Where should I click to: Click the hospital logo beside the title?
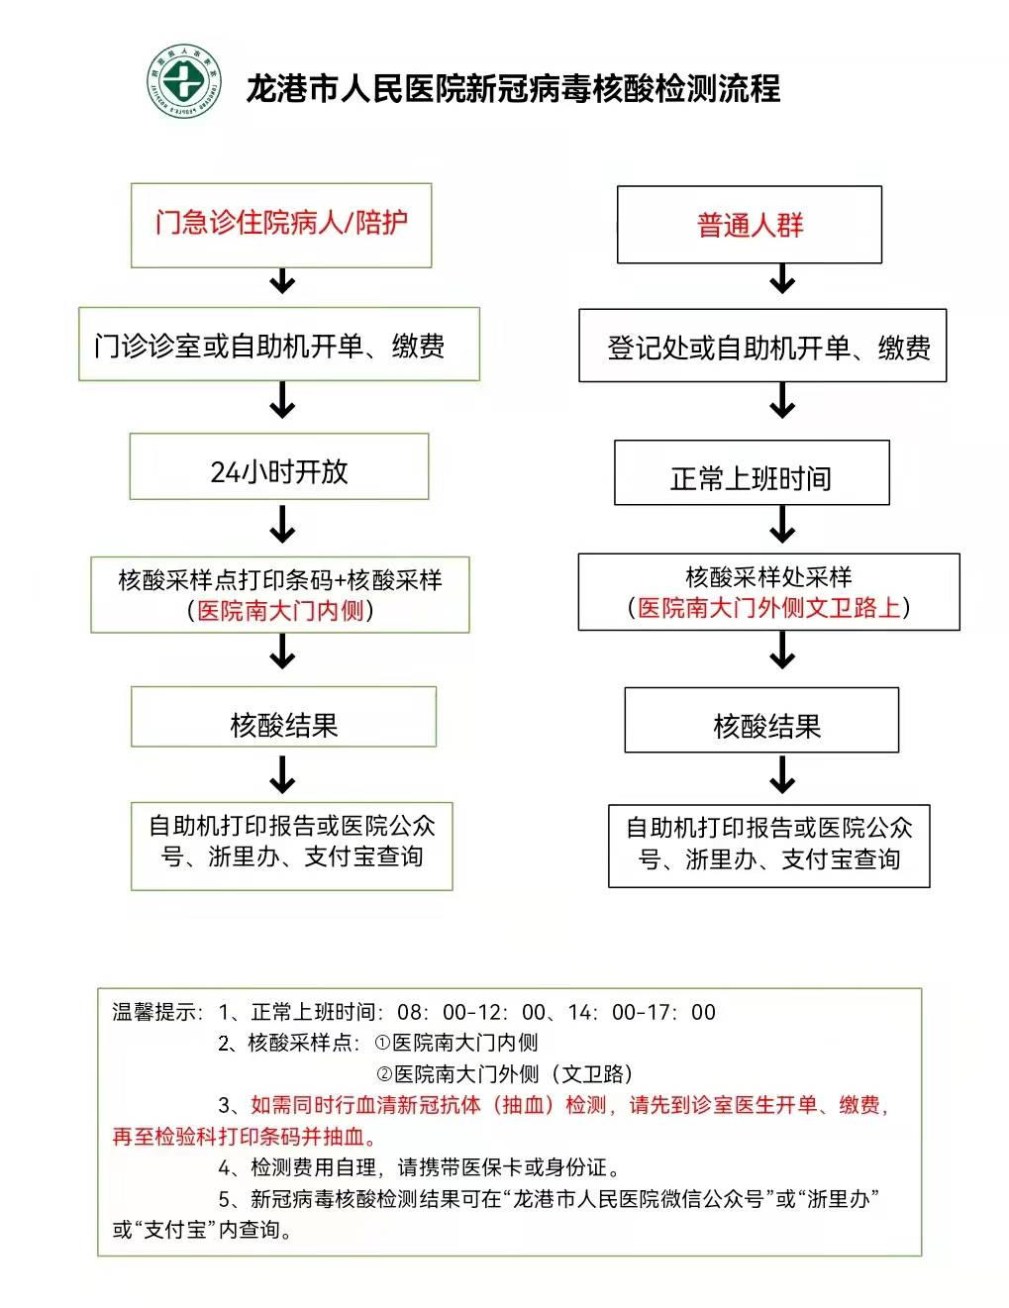(183, 81)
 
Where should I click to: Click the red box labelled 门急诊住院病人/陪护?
(281, 224)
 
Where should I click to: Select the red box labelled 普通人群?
(750, 226)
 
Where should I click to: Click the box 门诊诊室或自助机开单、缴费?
(279, 346)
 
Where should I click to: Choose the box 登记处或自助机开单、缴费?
(762, 347)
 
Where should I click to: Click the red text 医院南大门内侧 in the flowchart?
(281, 611)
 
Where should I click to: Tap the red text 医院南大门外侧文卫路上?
(769, 608)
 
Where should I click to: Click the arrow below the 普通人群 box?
(782, 278)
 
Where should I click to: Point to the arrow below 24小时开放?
(283, 524)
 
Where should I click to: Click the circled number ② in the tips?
(384, 1074)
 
